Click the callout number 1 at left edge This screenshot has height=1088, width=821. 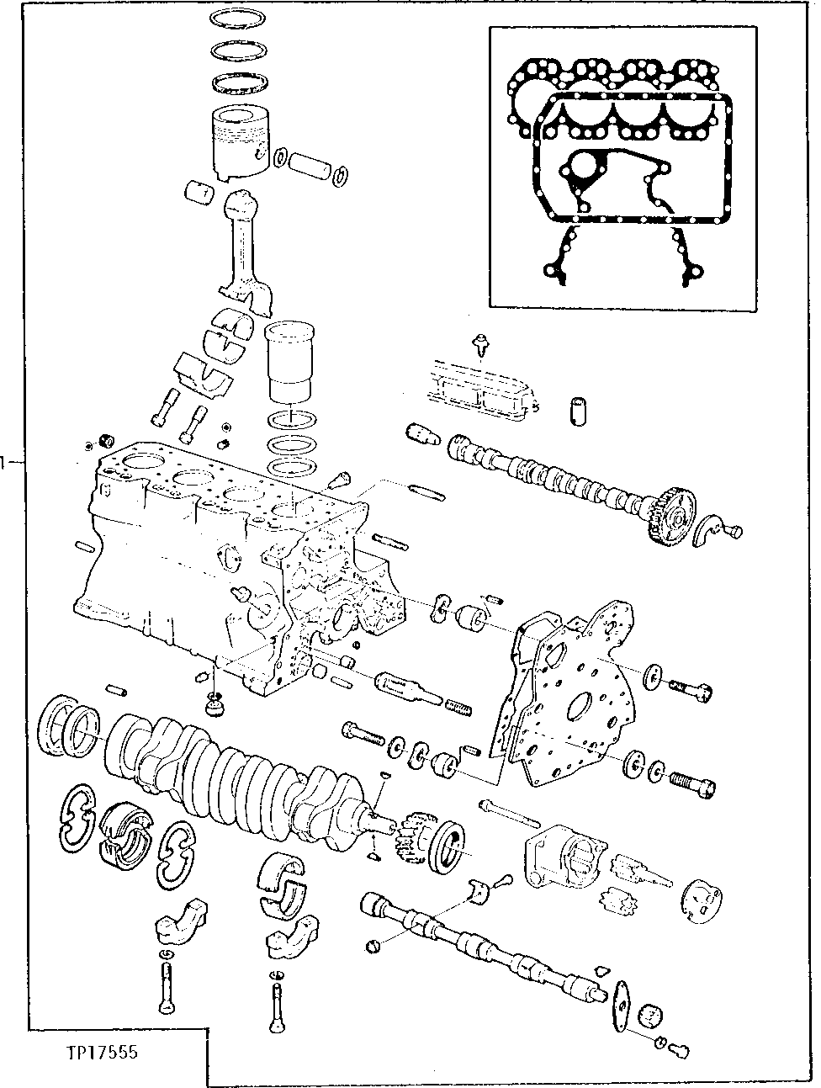[4, 461]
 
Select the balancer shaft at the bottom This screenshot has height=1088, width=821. [479, 947]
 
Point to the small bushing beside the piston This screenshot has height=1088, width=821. [200, 193]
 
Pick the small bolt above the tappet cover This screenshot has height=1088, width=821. [481, 342]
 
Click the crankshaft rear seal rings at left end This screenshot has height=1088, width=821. [72, 723]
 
